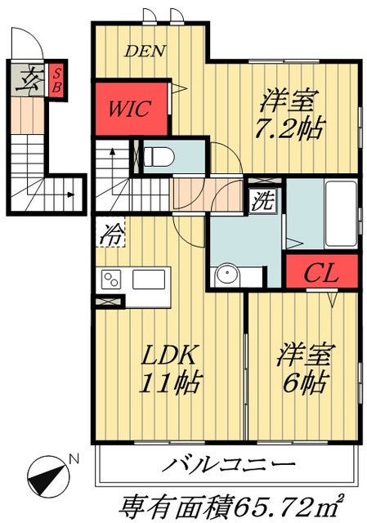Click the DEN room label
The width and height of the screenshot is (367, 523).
[145, 51]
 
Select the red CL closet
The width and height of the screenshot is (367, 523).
[321, 273]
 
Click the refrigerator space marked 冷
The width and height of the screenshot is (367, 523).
[110, 235]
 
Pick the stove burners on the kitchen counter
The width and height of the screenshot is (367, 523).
[110, 280]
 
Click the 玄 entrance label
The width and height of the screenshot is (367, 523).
[27, 79]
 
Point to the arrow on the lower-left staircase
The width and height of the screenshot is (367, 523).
[71, 194]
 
